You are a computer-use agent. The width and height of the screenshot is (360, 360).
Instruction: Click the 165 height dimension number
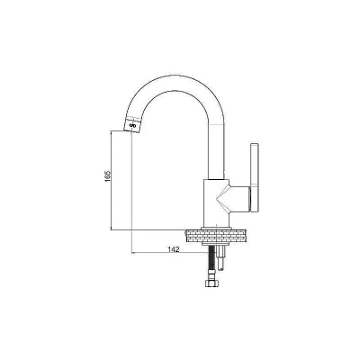click(x=108, y=176)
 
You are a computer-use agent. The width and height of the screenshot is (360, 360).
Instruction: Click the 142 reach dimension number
click(x=174, y=249)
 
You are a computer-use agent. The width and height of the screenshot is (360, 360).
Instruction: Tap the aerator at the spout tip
click(x=132, y=125)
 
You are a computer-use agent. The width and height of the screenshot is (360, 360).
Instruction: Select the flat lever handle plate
click(x=255, y=177)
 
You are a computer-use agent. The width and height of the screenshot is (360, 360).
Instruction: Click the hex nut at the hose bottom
click(x=211, y=283)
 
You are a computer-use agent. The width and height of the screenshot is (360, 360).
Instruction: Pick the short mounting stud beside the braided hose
click(x=221, y=256)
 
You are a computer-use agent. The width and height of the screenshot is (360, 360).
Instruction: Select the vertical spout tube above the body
click(x=216, y=151)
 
